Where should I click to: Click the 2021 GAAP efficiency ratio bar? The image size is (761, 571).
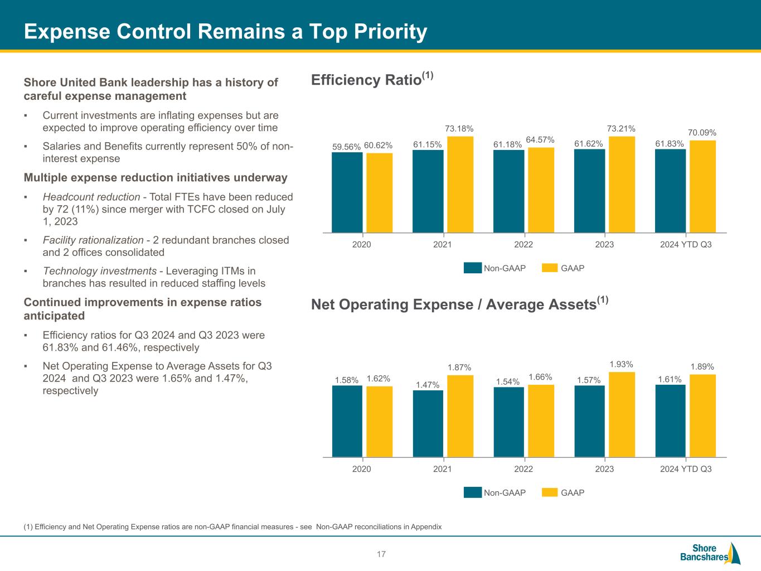[460, 185]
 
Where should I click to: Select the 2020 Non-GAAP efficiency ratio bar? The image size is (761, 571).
[347, 192]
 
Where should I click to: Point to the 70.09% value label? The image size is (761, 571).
[702, 133]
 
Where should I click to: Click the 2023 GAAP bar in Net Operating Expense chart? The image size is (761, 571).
[622, 415]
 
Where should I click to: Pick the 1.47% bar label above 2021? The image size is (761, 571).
[428, 385]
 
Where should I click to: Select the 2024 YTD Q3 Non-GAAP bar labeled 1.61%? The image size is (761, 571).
[670, 421]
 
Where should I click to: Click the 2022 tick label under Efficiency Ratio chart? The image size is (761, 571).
[524, 245]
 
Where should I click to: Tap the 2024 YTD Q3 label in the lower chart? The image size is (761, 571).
[686, 469]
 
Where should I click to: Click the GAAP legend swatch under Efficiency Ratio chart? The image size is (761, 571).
[550, 268]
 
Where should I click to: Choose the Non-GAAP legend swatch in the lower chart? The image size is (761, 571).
[472, 492]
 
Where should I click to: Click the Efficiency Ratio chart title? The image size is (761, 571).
[372, 80]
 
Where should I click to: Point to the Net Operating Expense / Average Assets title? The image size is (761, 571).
[459, 304]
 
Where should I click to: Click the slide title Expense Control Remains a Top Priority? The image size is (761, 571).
[225, 32]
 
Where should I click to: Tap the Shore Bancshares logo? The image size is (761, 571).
[710, 553]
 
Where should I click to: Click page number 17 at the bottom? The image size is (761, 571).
[381, 554]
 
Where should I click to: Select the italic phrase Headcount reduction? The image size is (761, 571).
[91, 197]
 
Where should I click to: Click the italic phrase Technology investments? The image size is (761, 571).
[99, 272]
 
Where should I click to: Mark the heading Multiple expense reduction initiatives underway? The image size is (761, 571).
[156, 178]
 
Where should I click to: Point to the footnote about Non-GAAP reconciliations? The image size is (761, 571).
[232, 527]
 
